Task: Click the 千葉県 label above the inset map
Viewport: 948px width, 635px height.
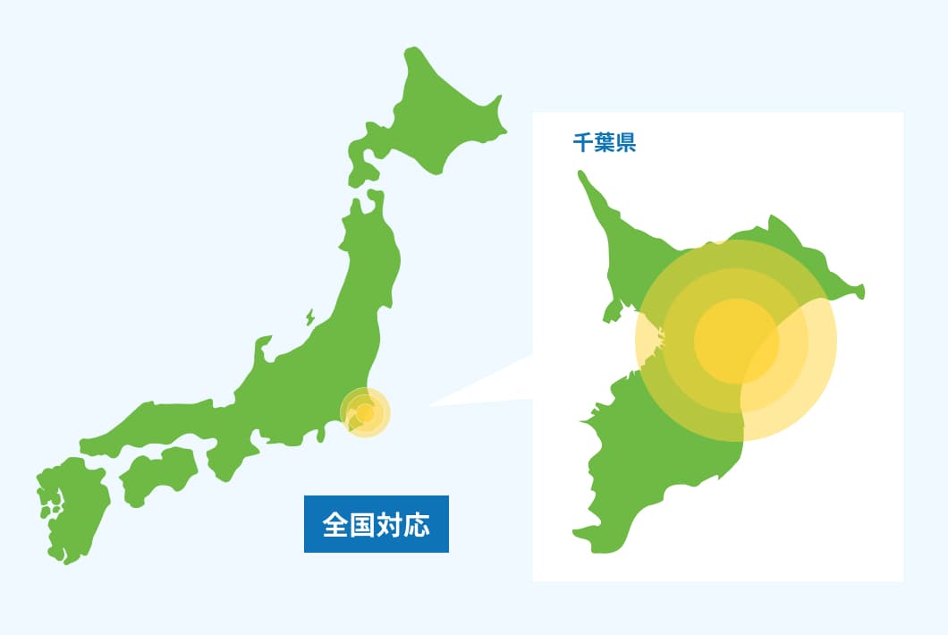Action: click(x=605, y=142)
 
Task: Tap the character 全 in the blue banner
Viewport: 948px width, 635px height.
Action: click(x=334, y=524)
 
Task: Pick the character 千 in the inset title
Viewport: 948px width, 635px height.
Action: click(x=583, y=142)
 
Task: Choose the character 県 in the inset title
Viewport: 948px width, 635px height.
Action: click(x=626, y=142)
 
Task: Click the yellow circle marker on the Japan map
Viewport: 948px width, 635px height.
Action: click(x=366, y=413)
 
